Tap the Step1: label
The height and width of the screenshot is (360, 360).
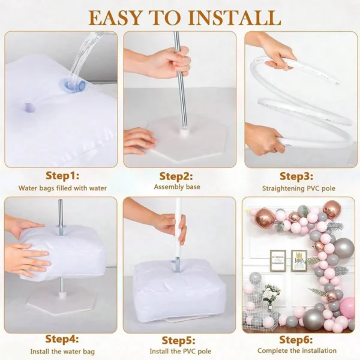point(62,176)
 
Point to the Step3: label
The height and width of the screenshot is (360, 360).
point(296,176)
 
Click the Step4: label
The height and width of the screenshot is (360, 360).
point(62,339)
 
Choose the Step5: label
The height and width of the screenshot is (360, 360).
point(178,339)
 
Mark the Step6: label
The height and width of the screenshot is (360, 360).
point(296,339)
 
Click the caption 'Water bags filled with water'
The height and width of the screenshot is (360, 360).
point(62,188)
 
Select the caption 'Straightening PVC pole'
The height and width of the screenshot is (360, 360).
point(296,188)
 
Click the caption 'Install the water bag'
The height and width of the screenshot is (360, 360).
point(62,350)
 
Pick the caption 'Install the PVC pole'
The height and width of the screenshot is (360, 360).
point(178,350)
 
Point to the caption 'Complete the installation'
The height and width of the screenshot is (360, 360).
point(296,350)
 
